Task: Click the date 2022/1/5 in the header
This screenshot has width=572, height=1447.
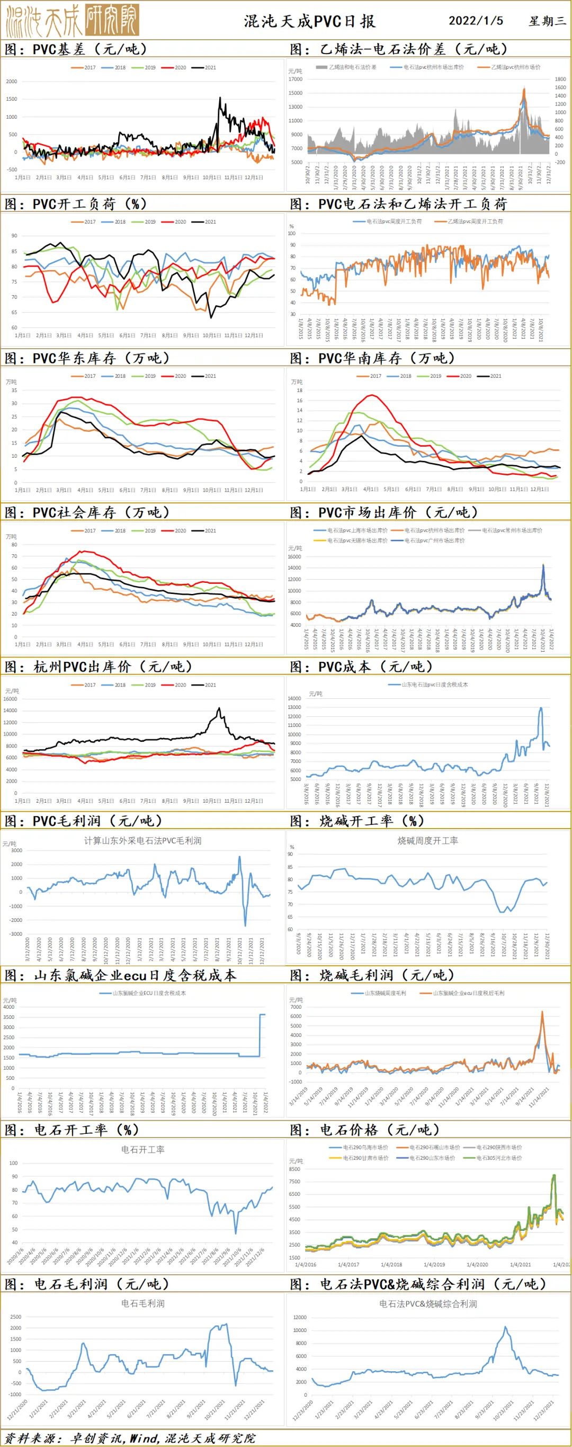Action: tap(476, 21)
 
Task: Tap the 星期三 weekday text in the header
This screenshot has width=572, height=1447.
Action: tap(547, 21)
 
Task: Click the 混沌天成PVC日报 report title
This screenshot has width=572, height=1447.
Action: tap(309, 21)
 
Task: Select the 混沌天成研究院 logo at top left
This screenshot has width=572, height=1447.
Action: tap(71, 20)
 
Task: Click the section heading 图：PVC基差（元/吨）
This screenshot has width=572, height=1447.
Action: tap(76, 49)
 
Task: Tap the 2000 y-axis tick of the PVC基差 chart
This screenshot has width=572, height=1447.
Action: tap(12, 82)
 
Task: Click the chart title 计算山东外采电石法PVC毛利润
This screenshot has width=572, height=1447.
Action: tap(142, 841)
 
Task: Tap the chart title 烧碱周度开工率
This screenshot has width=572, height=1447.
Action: tap(428, 841)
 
